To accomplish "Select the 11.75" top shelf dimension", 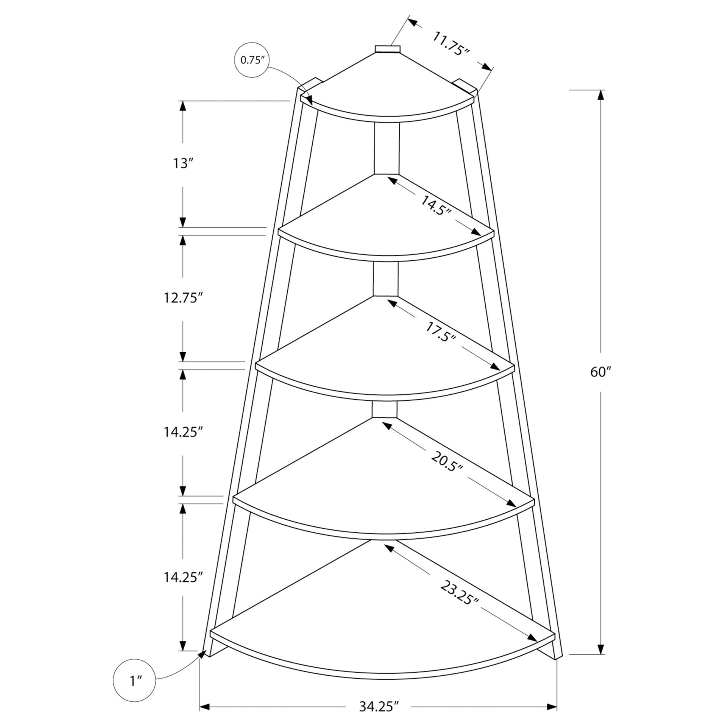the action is click(451, 44).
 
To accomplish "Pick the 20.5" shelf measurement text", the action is click(447, 461).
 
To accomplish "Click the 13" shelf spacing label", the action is click(183, 163).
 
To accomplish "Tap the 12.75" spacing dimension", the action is click(183, 298).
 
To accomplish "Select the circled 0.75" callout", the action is click(252, 60).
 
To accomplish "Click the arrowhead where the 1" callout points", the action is click(203, 654).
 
